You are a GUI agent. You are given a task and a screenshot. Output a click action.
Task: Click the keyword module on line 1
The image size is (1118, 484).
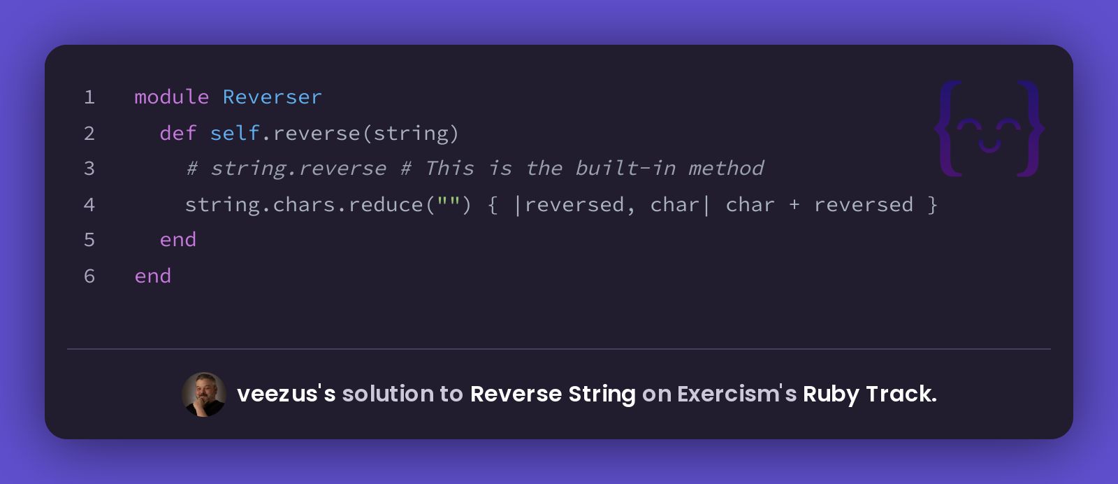coord(172,97)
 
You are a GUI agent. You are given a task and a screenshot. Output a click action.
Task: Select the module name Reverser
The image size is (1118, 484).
coord(273,97)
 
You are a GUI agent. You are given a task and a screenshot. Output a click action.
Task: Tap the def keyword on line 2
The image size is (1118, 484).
coord(178,134)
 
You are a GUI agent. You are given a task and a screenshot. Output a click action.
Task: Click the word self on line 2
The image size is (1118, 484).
coord(235,134)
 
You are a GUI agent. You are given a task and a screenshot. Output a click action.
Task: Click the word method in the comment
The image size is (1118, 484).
coord(726,169)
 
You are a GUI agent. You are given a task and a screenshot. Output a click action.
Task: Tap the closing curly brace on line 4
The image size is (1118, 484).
coord(932,205)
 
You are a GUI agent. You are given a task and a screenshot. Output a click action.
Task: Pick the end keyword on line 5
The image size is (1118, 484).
coord(178,241)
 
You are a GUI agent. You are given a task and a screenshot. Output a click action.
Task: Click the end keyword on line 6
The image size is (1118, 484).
coord(153,276)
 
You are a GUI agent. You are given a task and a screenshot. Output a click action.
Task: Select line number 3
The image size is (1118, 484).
coord(89,169)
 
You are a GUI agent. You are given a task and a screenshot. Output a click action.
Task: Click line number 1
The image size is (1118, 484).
coord(89,97)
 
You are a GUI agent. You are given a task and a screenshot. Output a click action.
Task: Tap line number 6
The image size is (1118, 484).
coord(89,276)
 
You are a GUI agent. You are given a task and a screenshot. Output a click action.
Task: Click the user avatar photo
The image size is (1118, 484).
coord(203,394)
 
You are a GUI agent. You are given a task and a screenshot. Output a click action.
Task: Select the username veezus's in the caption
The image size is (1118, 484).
coord(286,394)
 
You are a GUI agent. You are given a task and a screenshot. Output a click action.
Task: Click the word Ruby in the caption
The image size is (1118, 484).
coord(831,394)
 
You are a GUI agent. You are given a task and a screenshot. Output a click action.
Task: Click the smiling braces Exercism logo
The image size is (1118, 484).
coord(989,129)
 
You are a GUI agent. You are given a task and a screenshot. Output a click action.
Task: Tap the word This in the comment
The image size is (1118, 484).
coord(450,169)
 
